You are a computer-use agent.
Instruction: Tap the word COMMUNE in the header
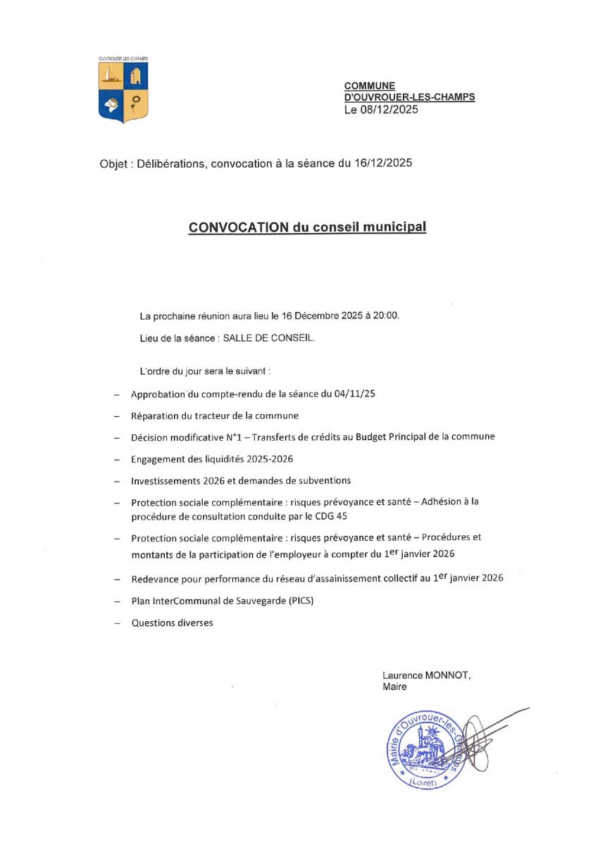pos(369,85)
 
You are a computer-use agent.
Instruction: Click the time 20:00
pos(387,315)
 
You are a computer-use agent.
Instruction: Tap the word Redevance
pos(153,580)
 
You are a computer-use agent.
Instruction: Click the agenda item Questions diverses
pos(172,623)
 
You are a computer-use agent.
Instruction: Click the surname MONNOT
pos(447,674)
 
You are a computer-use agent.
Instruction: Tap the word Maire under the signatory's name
pos(394,687)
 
